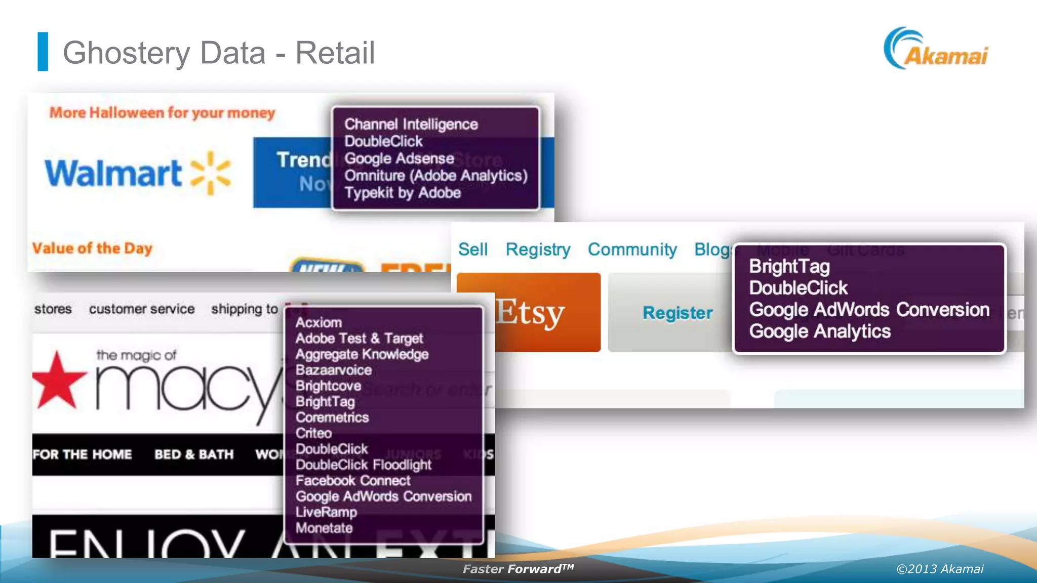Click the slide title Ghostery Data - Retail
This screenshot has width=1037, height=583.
tap(218, 53)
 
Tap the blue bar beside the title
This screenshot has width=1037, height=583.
tap(43, 52)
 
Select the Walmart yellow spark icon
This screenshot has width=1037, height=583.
tap(211, 173)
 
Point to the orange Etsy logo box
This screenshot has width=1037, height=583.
tap(529, 312)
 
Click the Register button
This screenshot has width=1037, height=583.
tap(677, 313)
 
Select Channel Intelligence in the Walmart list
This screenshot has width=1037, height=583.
tap(411, 124)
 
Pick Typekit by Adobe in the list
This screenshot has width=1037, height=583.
tap(403, 193)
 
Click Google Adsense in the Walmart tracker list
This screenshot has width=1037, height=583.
tap(399, 158)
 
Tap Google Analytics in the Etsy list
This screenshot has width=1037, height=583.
tap(820, 331)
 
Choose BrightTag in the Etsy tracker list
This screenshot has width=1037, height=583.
tap(789, 266)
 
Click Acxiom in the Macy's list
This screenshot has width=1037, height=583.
tap(318, 322)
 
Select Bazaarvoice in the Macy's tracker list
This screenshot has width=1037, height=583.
tap(334, 370)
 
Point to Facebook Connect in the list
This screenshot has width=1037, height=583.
tap(353, 480)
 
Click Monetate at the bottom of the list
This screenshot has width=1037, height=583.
tap(324, 528)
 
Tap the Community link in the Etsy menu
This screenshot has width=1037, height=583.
tap(632, 249)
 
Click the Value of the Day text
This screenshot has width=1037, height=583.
tap(92, 248)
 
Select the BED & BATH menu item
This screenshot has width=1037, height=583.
tap(194, 454)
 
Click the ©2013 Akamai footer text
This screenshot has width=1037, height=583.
tap(940, 569)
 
